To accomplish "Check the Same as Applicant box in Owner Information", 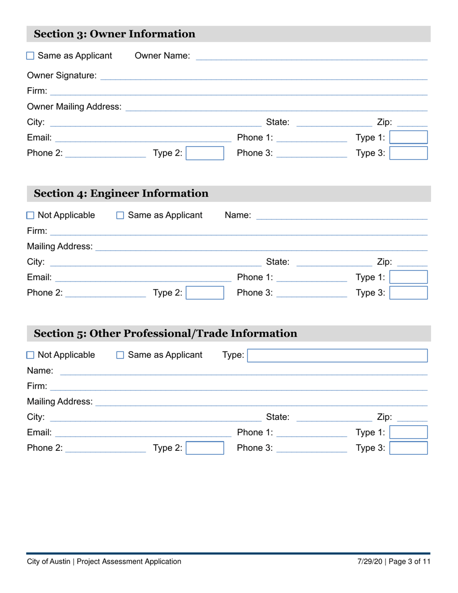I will pos(30,56).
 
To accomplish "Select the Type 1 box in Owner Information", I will pos(408,138).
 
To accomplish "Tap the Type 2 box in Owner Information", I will pos(205,153).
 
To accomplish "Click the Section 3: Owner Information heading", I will pos(115,34).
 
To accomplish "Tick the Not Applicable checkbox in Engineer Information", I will pos(30,215).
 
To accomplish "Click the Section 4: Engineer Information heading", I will pos(121,194).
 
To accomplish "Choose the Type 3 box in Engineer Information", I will pos(408,293).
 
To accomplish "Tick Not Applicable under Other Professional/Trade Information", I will pos(30,355).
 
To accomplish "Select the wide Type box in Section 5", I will pos(337,356).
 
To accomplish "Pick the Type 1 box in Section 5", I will pos(408,432).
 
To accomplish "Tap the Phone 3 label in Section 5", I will pos(255,448).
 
